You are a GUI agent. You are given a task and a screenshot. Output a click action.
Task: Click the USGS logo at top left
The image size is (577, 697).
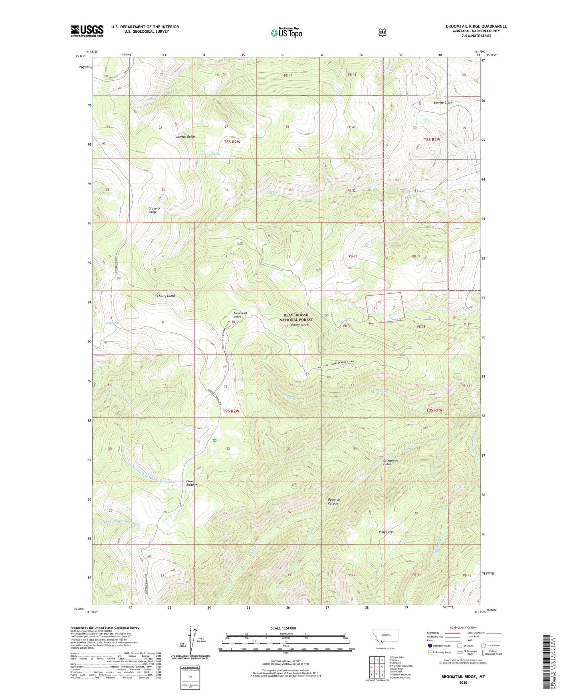87,31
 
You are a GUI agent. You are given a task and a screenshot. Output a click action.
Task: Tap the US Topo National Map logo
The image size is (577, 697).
286,32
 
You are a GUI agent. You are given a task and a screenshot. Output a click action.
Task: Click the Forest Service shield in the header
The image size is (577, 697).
382,32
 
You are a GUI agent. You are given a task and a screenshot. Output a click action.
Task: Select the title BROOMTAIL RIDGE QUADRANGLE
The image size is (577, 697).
476,26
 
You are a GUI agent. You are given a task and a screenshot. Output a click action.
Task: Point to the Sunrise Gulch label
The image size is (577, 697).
443,103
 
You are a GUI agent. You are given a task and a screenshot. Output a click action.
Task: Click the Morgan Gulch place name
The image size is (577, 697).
185,137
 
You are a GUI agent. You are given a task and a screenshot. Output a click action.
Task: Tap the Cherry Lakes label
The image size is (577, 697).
210,154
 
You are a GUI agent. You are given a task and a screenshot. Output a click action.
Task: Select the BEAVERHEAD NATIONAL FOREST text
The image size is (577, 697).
296,317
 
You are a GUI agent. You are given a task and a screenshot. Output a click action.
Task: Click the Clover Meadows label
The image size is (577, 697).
192,483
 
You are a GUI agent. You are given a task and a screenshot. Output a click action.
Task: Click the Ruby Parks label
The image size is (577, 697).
386,532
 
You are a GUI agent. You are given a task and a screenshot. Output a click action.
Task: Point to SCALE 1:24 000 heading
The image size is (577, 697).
283,628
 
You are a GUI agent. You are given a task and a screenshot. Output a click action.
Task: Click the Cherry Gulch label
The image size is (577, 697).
166,296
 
